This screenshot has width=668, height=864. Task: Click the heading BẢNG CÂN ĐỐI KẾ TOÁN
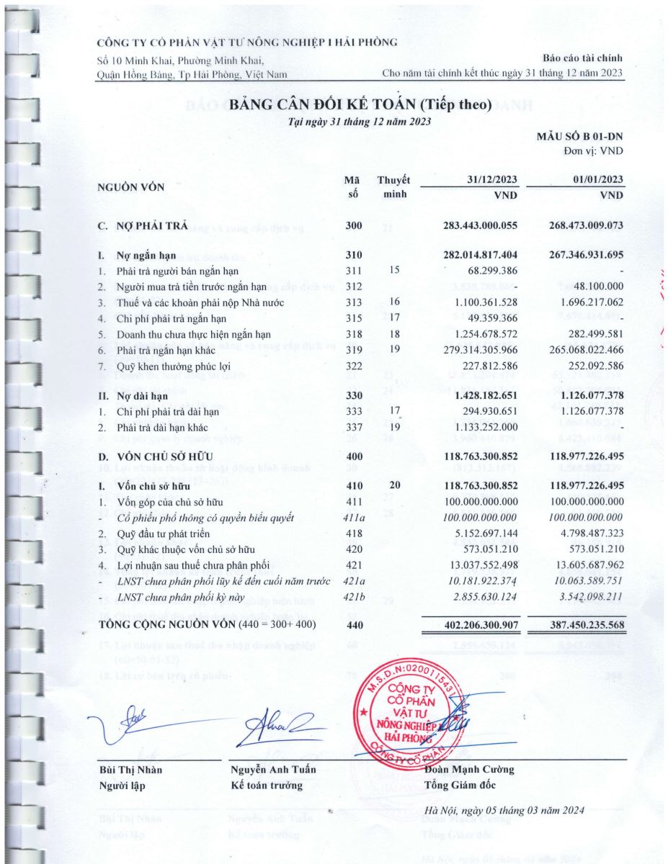click(360, 105)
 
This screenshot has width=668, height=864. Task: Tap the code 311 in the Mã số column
click(353, 271)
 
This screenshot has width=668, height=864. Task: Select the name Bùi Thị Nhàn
click(130, 770)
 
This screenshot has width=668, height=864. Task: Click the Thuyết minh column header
click(393, 186)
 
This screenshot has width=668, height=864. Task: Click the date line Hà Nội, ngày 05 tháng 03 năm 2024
click(504, 811)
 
